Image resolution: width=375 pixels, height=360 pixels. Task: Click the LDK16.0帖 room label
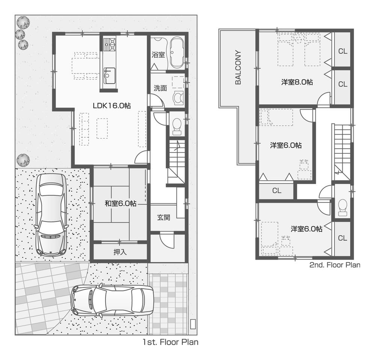[x=111, y=106]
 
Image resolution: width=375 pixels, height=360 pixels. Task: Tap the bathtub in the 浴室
[x=175, y=54]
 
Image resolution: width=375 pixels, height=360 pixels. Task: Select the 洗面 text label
[x=160, y=88]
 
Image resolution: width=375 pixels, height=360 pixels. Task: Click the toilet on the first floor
[x=176, y=125]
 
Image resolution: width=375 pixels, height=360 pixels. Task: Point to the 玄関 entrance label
[x=163, y=217]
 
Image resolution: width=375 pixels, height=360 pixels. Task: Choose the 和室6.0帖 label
[x=120, y=204]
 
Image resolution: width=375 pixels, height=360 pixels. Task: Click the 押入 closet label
[x=120, y=252]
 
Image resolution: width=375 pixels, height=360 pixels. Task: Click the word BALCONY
[x=238, y=67]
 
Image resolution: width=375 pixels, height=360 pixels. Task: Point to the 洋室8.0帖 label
[x=297, y=82]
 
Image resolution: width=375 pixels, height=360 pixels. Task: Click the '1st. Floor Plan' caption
[x=170, y=342]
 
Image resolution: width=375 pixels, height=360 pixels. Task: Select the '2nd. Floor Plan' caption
[x=334, y=265]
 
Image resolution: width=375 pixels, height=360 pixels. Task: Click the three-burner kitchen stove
[x=110, y=44]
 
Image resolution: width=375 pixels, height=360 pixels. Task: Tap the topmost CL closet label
[x=342, y=51]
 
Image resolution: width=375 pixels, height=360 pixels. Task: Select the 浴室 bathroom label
[x=158, y=55]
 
